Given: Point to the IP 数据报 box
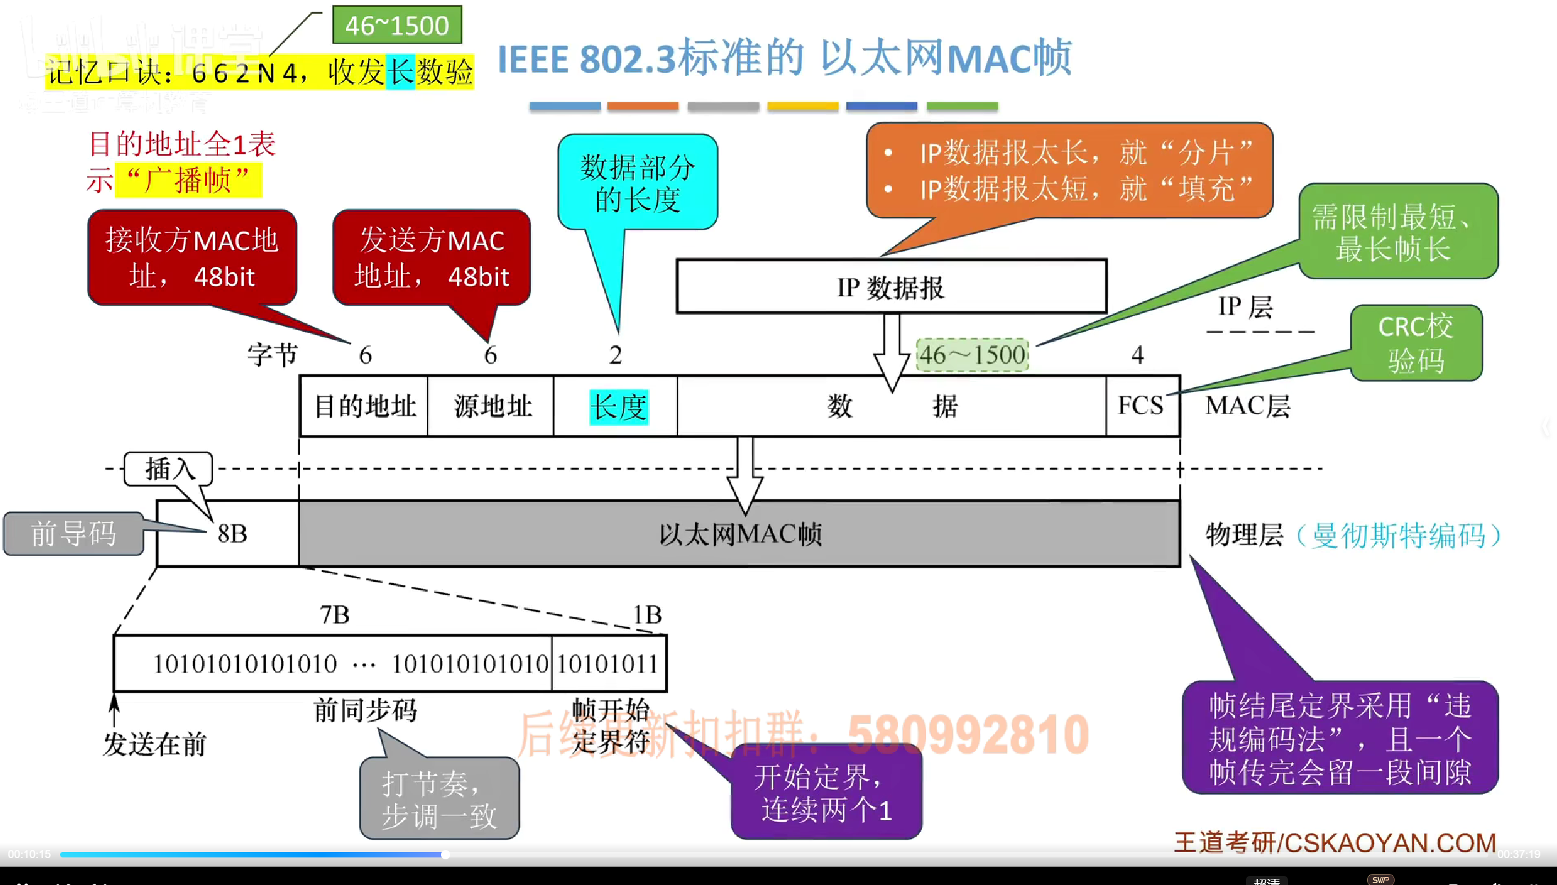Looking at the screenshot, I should (891, 287).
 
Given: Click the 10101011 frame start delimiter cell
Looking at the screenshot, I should (608, 664).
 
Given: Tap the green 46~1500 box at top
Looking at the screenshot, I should (397, 25).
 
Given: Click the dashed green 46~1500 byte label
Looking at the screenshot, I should (972, 355).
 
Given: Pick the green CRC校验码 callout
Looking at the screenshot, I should (1416, 343).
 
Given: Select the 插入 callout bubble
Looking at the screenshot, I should (168, 469).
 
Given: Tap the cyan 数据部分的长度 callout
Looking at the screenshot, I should (638, 183).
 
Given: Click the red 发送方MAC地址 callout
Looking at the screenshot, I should (431, 258).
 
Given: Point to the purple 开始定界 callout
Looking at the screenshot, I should (826, 793).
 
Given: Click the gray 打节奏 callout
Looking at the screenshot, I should (439, 799).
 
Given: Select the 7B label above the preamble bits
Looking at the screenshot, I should (334, 614).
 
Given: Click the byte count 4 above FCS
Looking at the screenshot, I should (1137, 355).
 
